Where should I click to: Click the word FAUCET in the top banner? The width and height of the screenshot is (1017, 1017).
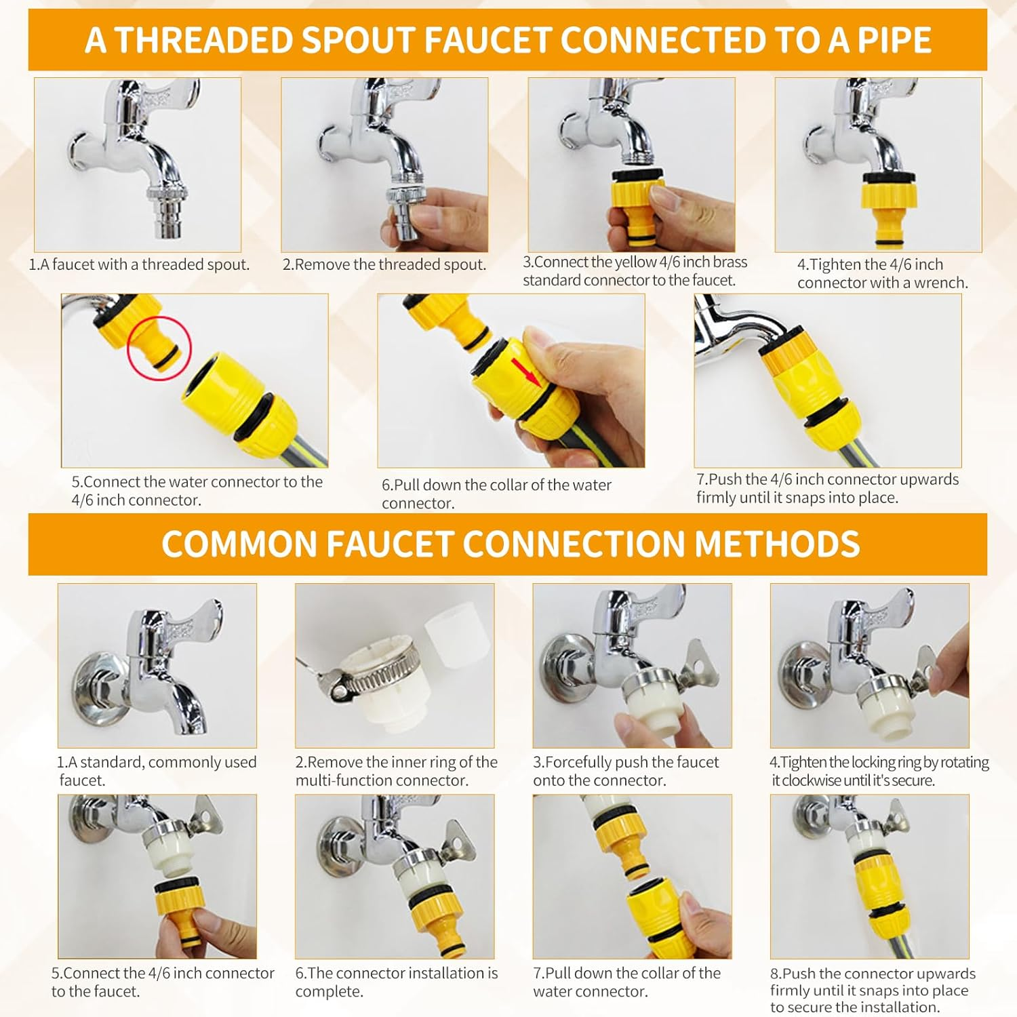click(487, 40)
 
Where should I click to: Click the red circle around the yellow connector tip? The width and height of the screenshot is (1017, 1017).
click(160, 348)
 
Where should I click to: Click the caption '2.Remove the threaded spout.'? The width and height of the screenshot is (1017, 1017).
click(384, 264)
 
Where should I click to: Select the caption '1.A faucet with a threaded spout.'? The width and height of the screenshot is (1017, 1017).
click(139, 264)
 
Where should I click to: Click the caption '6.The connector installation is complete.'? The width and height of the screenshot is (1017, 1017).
click(397, 982)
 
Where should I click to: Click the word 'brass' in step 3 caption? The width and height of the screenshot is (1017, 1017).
click(727, 262)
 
